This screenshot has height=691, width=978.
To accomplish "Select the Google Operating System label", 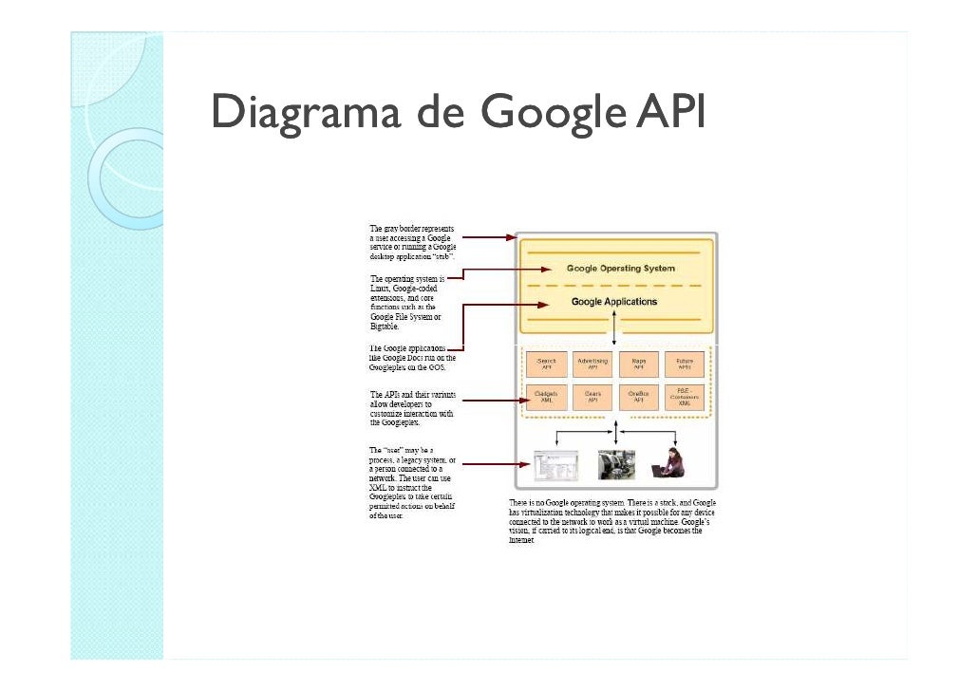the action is pos(620,269).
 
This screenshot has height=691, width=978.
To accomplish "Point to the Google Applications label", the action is pos(613,302).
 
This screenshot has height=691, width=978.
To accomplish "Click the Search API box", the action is pos(546,364).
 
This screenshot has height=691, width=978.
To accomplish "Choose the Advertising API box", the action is pos(592,364).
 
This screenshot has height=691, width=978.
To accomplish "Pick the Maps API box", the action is pos(638,364).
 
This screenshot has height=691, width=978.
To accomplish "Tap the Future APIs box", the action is pos(685,364).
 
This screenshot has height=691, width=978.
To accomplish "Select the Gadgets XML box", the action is pos(546,398).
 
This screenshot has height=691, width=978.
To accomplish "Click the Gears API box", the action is pos(592,398).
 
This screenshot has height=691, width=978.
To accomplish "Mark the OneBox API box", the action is pos(638,398).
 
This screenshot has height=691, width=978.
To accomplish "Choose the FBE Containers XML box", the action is pos(685,398).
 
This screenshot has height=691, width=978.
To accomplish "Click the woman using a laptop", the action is pos(670,463).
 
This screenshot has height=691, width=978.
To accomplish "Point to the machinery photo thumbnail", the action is pos(616,464).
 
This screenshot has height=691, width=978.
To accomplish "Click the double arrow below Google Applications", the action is pos(614,327).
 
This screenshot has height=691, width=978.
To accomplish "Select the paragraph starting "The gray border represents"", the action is pos(412,243).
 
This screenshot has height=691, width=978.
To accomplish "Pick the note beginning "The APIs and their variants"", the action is pos(412,408).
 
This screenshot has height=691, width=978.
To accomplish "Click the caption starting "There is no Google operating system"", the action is pos(612,522).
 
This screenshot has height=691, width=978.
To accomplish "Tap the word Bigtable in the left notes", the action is pos(385,326).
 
